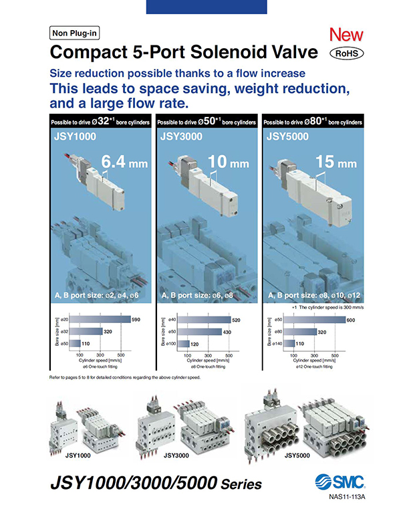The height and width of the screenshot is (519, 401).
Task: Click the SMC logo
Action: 336,482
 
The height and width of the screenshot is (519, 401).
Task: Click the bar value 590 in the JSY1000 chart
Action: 136,320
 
